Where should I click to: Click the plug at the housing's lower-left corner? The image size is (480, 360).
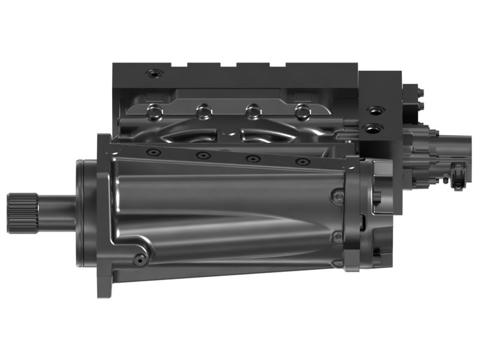140,259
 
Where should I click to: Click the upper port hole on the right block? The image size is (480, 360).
375,111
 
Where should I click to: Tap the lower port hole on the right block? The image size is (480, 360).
375,128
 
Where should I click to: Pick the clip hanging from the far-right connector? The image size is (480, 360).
458,176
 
